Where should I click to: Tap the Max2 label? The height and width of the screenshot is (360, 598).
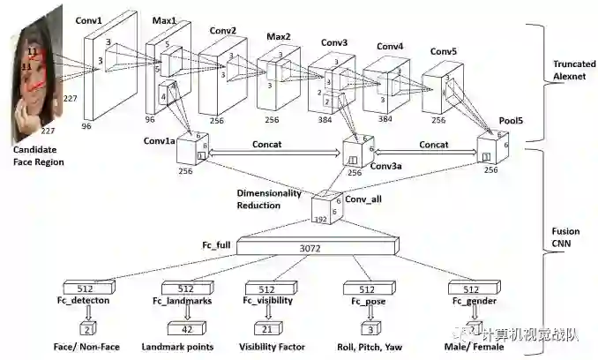coord(279,38)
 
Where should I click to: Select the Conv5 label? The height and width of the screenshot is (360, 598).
coord(443,51)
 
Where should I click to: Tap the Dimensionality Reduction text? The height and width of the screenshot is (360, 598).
coord(269,199)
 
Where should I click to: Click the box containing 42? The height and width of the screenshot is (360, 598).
coord(187,329)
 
